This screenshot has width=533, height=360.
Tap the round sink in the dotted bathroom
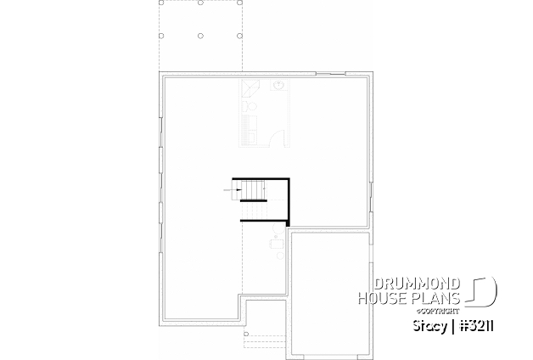coord(278,85)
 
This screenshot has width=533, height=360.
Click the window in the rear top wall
coord(328,76)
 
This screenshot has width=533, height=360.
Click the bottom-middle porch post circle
coord(200,36)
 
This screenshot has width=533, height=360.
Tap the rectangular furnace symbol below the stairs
coord(276,245)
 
